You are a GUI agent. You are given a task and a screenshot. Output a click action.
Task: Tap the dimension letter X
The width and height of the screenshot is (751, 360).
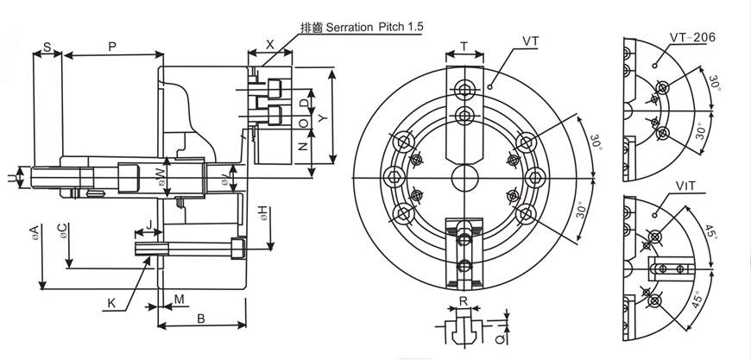[x=270, y=43]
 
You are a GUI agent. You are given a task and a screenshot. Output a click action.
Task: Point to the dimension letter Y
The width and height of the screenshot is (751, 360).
[x=324, y=113]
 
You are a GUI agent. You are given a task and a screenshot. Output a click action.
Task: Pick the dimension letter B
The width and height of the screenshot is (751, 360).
[x=200, y=318]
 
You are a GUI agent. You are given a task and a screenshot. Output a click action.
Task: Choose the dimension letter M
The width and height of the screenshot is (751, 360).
[x=179, y=299]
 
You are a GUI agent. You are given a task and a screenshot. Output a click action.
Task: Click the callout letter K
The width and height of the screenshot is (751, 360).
[x=112, y=303]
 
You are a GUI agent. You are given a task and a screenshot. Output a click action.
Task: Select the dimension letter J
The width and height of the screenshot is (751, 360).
[x=150, y=224]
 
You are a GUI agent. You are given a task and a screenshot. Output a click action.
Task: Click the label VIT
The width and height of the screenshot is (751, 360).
[x=687, y=185]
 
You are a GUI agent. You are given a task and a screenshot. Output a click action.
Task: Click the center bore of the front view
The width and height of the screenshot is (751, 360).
[x=464, y=179]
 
